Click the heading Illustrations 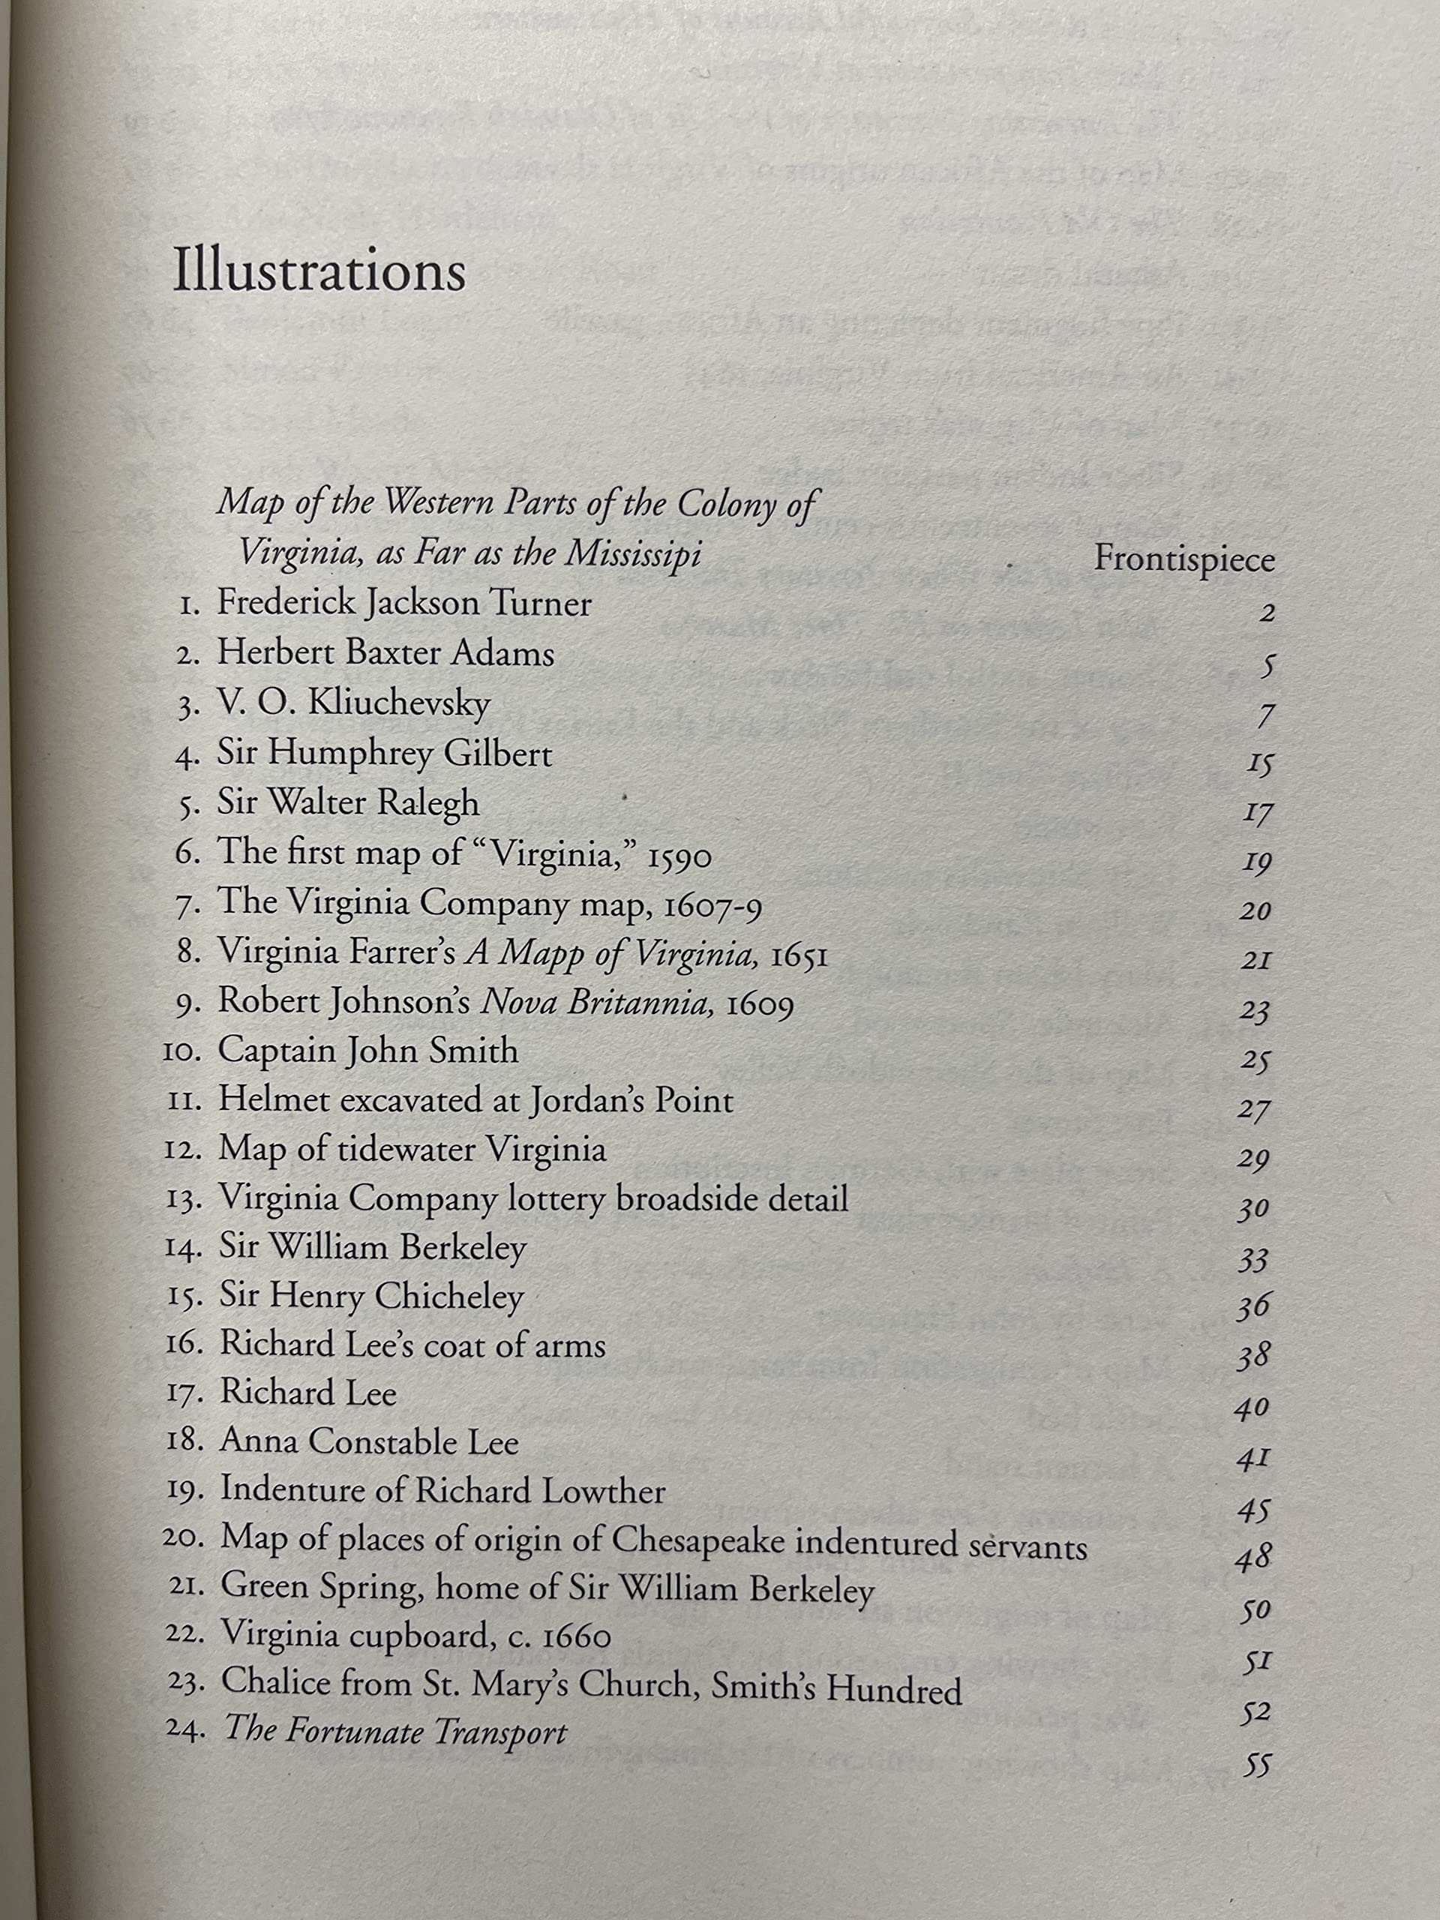(319, 271)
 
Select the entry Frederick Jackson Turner (403, 603)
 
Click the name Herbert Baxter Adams (385, 653)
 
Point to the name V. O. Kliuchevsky (353, 703)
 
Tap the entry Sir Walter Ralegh (347, 803)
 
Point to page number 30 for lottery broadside (1253, 1209)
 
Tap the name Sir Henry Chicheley (370, 1297)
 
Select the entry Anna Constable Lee (369, 1442)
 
